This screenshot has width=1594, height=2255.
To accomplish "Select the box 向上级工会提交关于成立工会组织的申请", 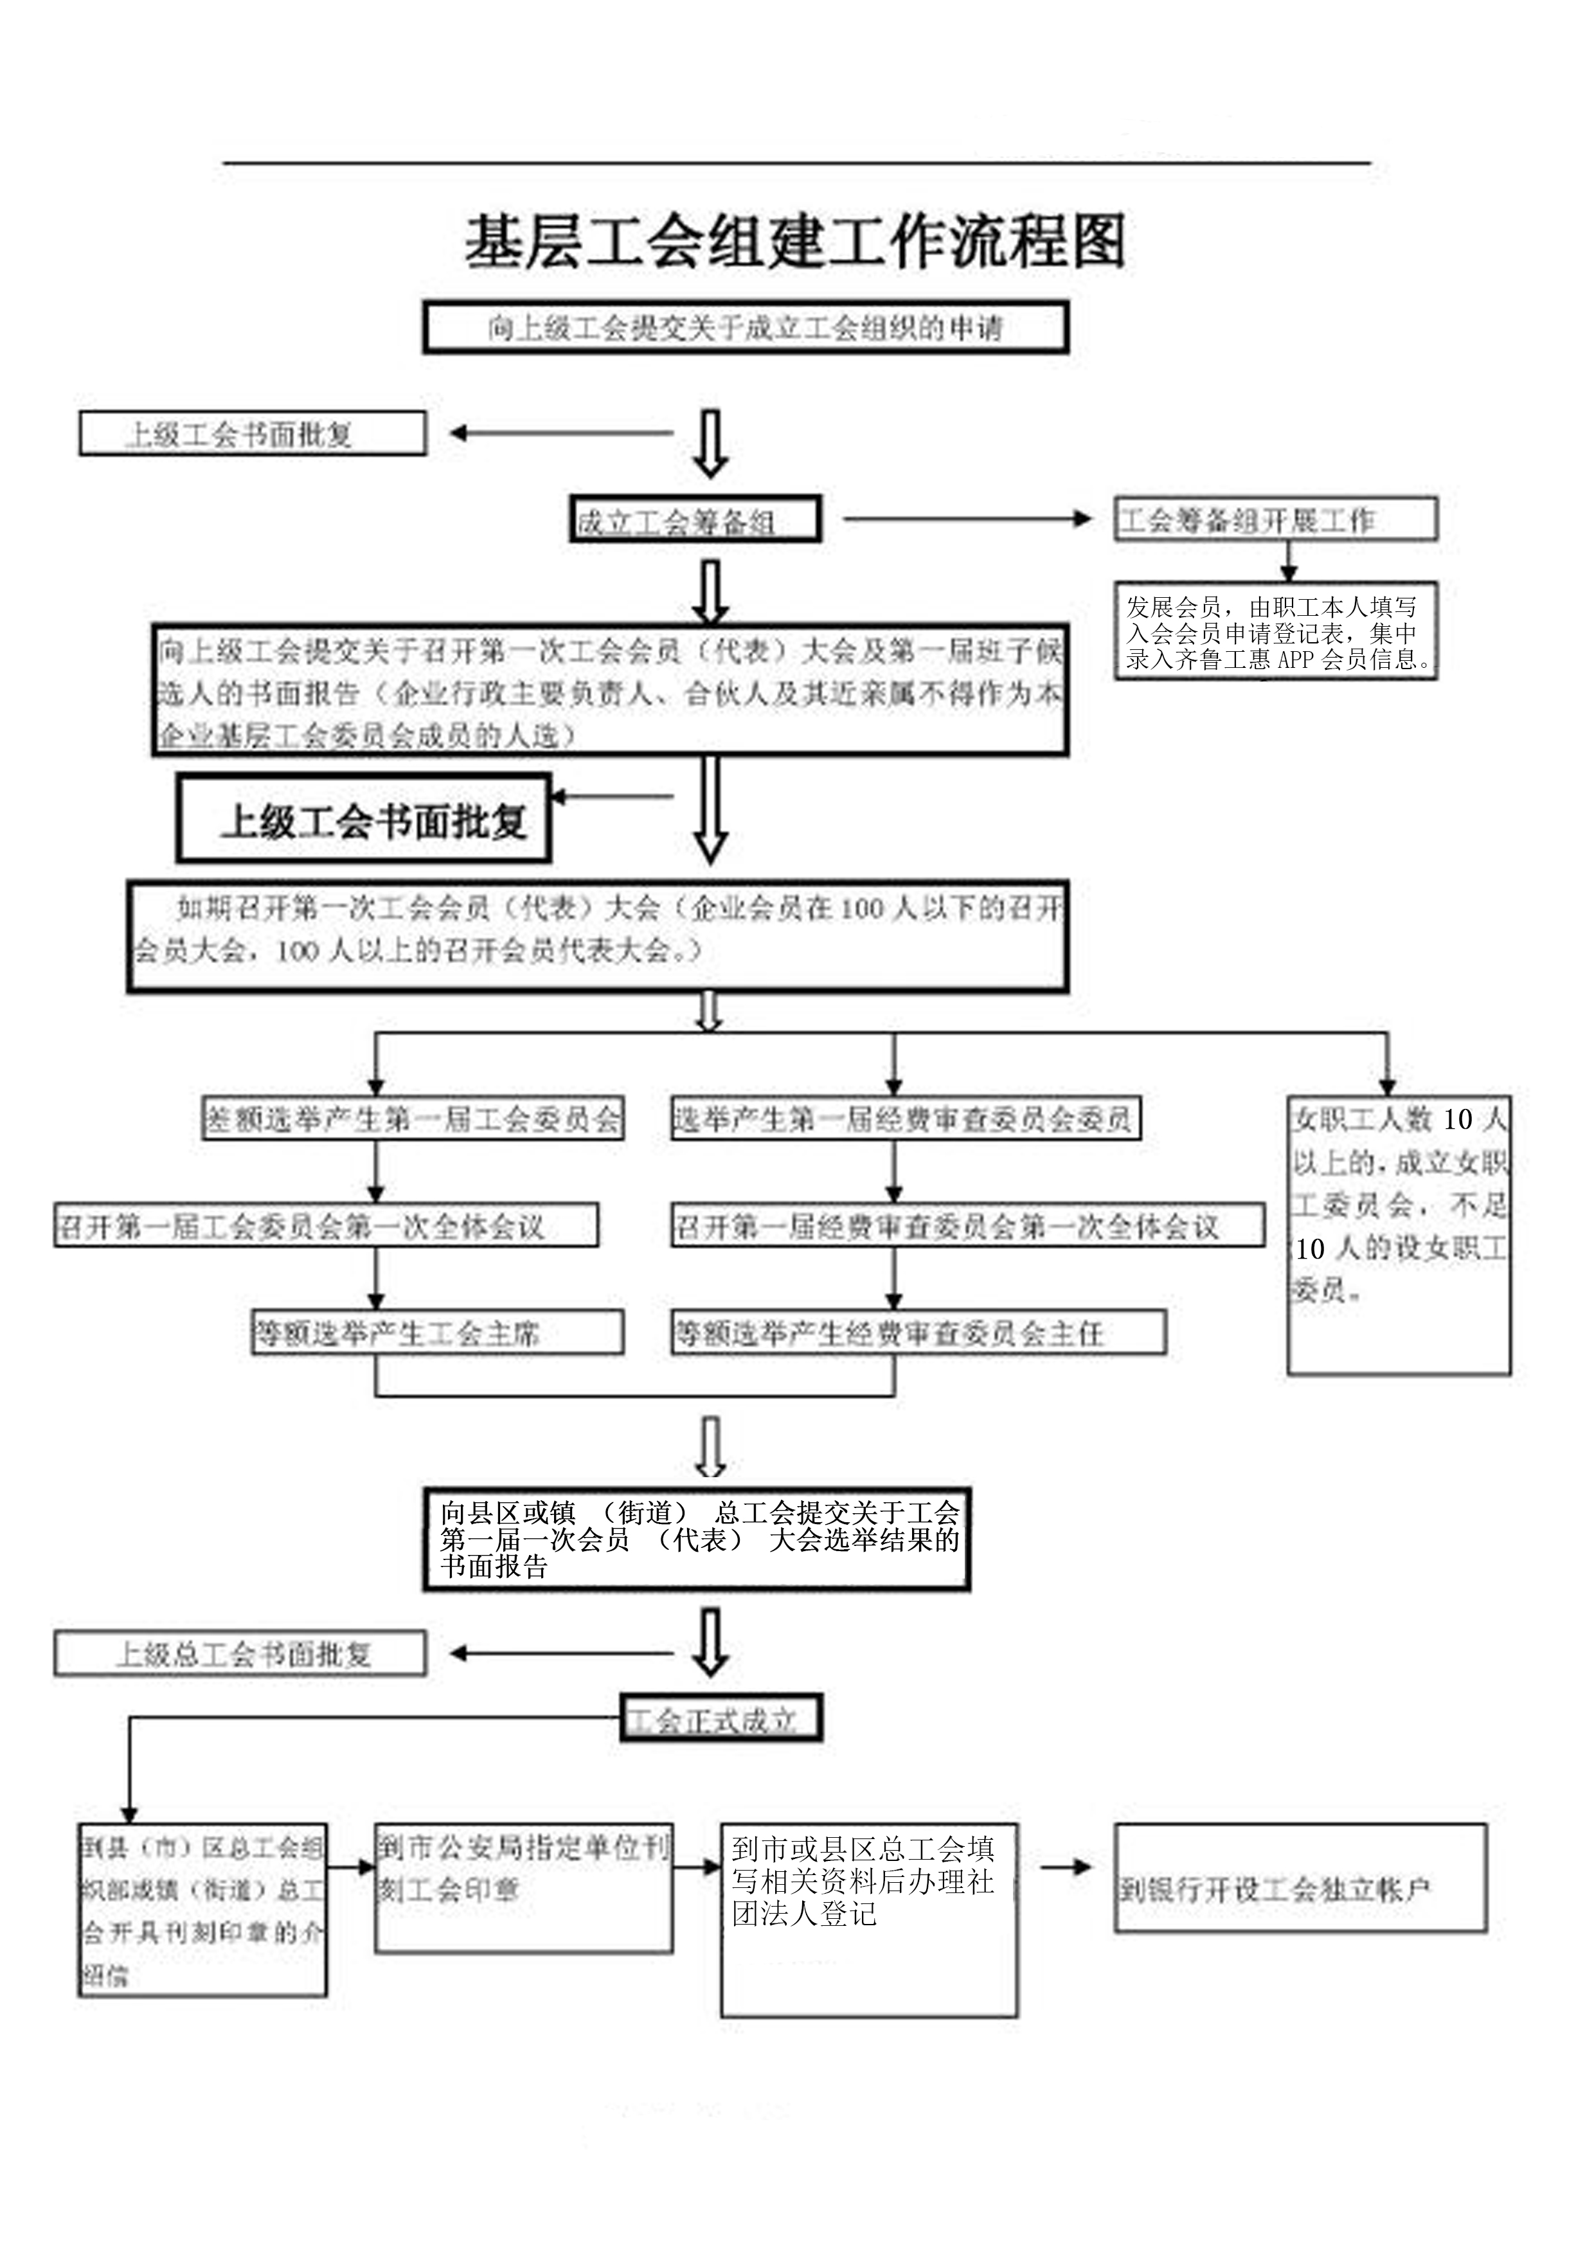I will (746, 328).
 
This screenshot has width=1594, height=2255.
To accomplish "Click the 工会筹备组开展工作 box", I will (1275, 519).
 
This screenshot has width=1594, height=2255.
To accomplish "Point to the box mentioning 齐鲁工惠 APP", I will (1275, 631).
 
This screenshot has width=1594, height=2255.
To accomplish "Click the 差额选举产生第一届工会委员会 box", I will (413, 1119).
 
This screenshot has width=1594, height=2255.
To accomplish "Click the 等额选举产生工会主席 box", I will (437, 1333).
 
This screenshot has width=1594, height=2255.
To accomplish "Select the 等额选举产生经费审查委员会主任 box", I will (918, 1333).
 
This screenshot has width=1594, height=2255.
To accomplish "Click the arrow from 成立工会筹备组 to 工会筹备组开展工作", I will (967, 519).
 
